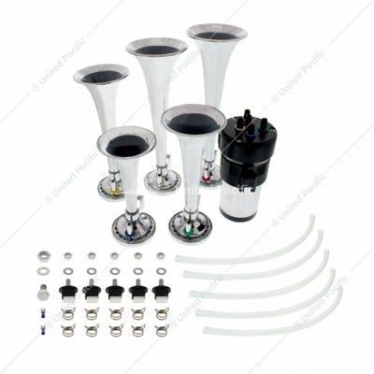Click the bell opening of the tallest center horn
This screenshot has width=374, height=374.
[156, 48]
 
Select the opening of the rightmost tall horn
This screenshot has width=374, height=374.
[217, 35]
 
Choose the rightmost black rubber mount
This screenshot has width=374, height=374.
[159, 292]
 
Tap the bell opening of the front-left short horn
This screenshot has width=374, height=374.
[125, 143]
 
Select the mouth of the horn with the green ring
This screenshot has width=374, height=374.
[194, 122]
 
